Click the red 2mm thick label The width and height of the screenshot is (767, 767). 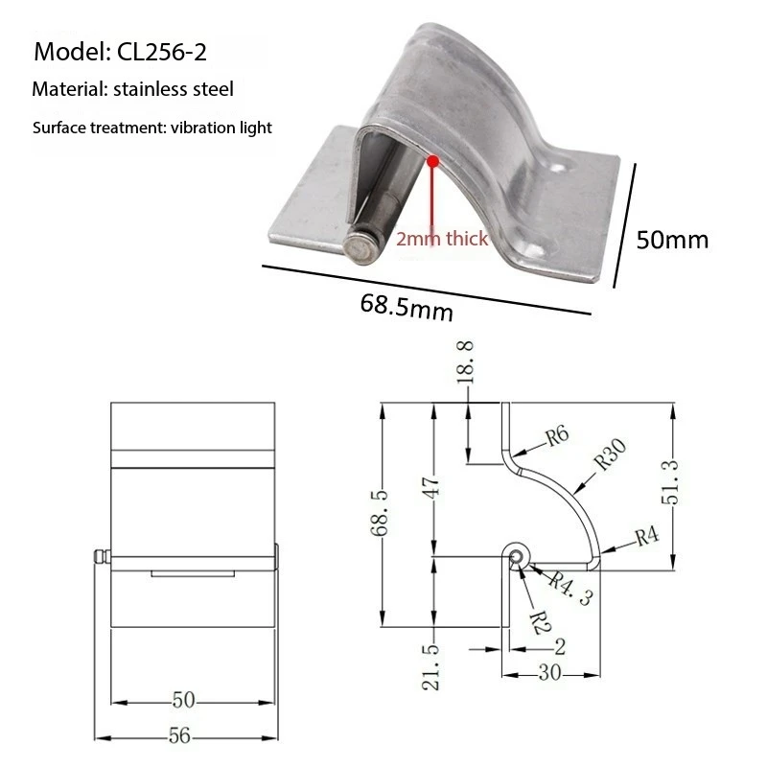442,239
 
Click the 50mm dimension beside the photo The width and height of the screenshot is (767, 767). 672,239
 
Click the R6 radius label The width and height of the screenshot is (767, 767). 557,437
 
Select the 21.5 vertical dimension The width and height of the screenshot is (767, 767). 433,667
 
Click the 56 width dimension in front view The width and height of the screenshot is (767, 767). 180,735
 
